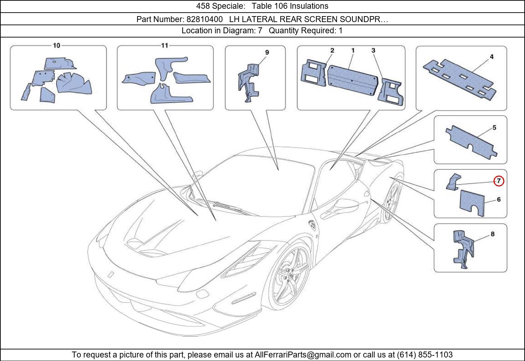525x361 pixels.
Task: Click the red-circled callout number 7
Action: click(x=499, y=181)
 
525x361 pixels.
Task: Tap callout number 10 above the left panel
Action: click(x=56, y=45)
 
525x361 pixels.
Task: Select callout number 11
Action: click(x=164, y=45)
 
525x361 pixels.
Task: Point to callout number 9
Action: click(x=267, y=53)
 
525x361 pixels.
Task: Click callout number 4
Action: click(x=491, y=57)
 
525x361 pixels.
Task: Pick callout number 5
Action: click(x=494, y=128)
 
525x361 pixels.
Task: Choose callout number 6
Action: click(x=498, y=199)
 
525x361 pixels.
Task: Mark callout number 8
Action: click(x=492, y=234)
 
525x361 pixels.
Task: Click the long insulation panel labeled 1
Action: click(x=352, y=80)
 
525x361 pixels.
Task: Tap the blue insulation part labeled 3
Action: click(x=391, y=91)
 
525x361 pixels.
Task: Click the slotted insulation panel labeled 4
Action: click(x=458, y=79)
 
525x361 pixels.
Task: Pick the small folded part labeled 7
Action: click(x=453, y=182)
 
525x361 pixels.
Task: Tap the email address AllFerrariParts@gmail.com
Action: click(x=303, y=355)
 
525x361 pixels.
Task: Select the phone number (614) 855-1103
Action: click(x=425, y=355)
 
